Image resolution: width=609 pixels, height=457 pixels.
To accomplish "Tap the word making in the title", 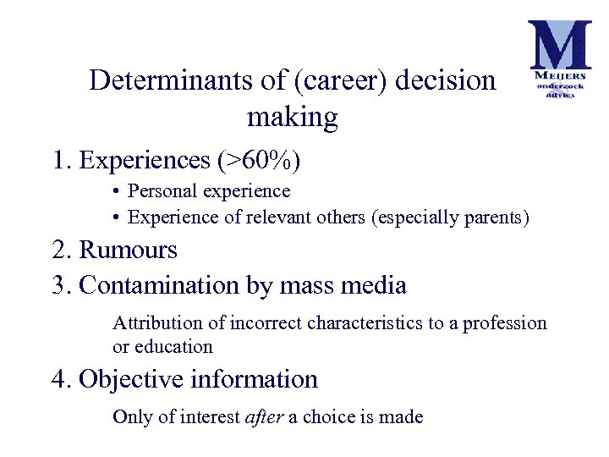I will (292, 117).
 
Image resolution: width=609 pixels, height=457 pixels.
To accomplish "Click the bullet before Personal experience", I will (114, 192).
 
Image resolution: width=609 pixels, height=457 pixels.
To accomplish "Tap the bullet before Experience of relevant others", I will (114, 217).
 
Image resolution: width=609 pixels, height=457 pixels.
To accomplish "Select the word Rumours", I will (128, 250).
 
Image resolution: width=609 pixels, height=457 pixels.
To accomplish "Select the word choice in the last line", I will (326, 416).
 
